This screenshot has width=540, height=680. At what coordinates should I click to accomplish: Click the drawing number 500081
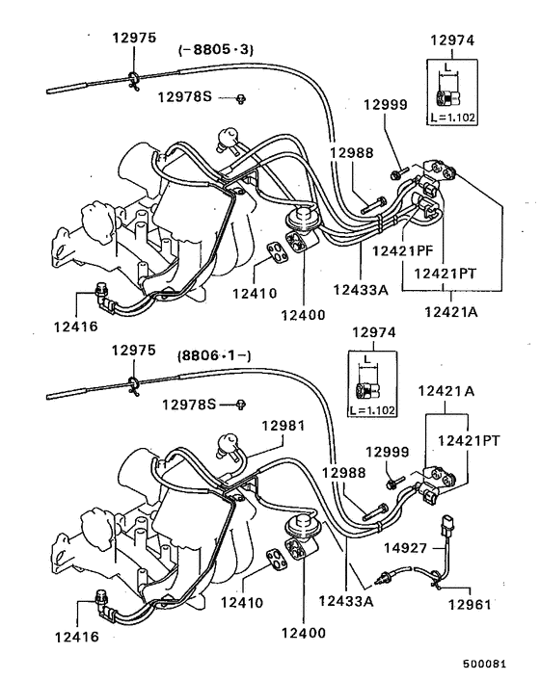coord(484,664)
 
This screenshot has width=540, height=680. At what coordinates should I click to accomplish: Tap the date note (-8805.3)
coord(216,49)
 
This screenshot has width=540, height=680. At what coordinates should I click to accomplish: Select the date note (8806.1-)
coord(214,356)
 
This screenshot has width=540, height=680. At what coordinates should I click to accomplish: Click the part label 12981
coord(283,426)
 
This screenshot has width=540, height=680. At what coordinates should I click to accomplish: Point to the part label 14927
coord(405,548)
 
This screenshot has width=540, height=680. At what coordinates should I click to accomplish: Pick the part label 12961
coord(470,604)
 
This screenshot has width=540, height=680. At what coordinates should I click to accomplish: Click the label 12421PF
coord(403,250)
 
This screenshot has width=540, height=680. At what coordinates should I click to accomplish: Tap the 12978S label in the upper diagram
coord(184,96)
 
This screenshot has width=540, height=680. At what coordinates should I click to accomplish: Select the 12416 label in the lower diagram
coord(77,637)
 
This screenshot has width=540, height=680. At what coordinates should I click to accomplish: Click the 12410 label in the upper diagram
coord(255,294)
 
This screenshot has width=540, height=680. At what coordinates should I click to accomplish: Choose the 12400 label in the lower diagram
coord(304,633)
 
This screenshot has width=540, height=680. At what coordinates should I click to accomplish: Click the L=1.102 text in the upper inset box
coord(453,118)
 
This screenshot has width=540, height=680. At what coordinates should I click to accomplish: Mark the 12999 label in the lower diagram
coord(388,452)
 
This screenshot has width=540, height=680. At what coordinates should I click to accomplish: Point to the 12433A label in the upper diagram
coord(361,289)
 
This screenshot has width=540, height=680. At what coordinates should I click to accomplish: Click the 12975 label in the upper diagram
coord(134,38)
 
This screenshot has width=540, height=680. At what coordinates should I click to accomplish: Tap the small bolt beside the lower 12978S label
coord(240,405)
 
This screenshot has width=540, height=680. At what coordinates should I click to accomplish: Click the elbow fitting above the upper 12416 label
coord(103,296)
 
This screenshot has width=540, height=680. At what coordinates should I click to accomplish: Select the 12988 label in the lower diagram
coord(344,473)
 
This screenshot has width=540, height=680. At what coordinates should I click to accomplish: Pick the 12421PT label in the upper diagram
coord(445,274)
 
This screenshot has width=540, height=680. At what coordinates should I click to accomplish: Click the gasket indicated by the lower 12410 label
coord(277,559)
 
